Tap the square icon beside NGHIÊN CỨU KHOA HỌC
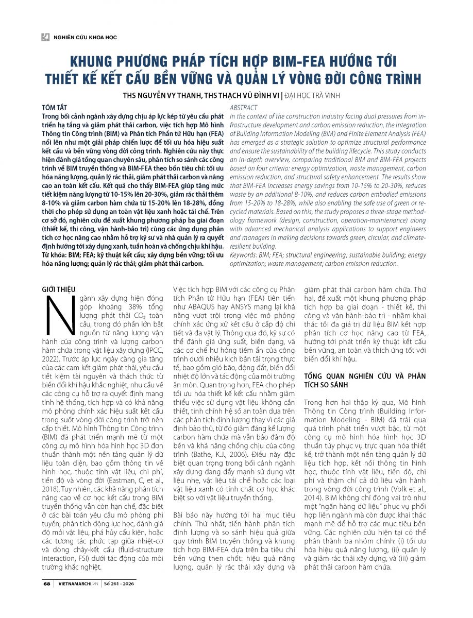click(46, 37)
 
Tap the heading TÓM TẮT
click(54, 107)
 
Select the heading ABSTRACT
click(243, 108)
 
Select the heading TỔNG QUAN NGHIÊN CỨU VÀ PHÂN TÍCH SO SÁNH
click(365, 381)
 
